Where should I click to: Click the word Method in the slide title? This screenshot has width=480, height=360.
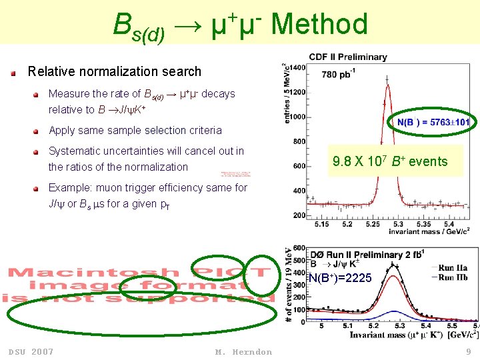coord(319,25)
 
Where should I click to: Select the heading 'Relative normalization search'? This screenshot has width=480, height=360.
coord(114,71)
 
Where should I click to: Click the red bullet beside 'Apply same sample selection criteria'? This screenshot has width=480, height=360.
coord(41,131)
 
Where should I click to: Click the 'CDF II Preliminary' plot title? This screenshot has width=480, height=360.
coord(347,57)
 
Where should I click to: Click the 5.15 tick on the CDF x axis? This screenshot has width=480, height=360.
coord(321,224)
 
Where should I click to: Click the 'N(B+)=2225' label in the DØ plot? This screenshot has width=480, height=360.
coord(340,277)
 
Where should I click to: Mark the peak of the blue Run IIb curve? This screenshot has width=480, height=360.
coord(393,311)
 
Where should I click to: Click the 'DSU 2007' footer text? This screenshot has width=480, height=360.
coord(31,351)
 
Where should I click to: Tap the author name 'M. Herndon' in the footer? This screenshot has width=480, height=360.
coord(243,351)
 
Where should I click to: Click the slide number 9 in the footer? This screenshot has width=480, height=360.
coord(469,351)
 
